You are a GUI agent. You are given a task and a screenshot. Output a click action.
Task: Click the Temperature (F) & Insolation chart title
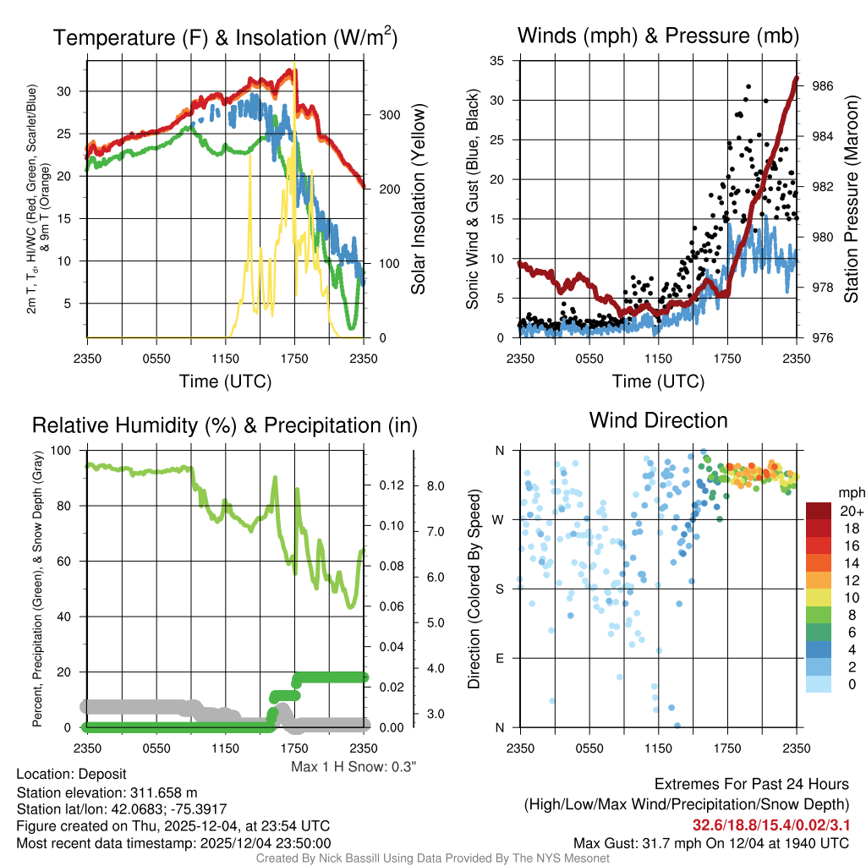tap(225, 38)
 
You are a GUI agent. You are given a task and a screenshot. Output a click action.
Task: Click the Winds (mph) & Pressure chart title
tap(658, 36)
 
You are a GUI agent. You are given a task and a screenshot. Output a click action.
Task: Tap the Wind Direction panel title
tap(658, 420)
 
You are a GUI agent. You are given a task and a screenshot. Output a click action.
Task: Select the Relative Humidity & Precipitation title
tap(224, 425)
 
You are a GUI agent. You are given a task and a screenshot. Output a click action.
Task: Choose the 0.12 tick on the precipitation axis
tap(389, 485)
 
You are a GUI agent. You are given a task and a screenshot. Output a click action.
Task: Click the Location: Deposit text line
tap(71, 775)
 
